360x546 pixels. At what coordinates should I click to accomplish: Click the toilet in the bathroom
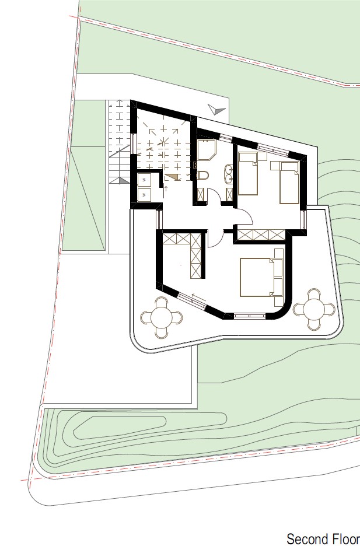[202, 175]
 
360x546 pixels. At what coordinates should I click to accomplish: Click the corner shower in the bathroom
[207, 149]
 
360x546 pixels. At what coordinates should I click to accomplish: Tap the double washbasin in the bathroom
[229, 173]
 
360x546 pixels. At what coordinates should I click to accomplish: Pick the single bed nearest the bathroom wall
[248, 173]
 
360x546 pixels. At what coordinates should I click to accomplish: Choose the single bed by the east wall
[289, 183]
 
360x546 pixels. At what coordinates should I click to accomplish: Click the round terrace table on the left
[162, 317]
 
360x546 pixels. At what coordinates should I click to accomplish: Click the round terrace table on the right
[314, 309]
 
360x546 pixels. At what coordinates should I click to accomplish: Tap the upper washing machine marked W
[144, 180]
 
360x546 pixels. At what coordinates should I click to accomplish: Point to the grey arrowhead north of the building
[216, 109]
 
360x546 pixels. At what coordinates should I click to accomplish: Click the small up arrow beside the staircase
[166, 189]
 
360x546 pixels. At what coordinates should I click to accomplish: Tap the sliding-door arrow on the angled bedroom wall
[198, 297]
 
